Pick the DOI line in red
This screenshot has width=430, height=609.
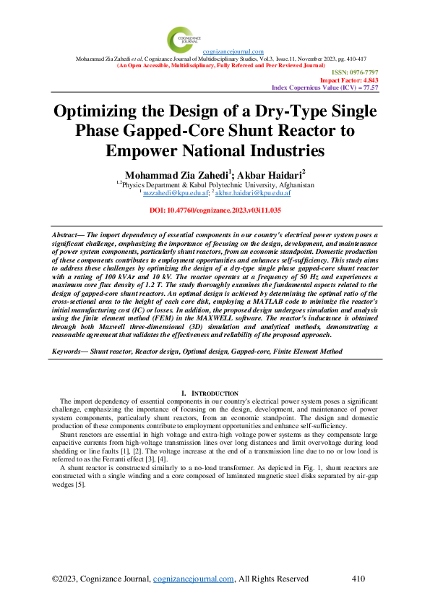tap(214, 210)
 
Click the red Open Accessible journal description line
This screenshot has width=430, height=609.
tap(214, 64)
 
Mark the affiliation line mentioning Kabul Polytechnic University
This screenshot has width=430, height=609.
tap(216, 185)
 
